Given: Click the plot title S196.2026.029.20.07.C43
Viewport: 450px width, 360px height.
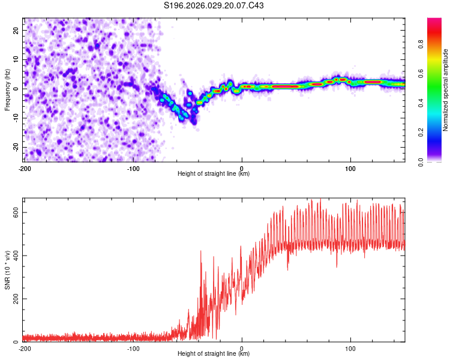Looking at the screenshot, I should tap(214, 6).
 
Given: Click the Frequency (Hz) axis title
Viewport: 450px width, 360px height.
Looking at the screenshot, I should tap(7, 90).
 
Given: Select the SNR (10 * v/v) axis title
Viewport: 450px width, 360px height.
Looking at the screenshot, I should tap(7, 270).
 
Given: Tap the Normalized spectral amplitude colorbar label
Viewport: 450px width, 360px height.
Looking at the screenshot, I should tap(446, 90).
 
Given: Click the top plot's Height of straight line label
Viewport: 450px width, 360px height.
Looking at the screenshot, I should tap(214, 174).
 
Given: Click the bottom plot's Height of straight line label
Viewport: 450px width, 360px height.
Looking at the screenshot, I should tap(214, 354).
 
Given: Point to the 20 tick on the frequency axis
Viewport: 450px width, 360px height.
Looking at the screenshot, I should tap(16, 29).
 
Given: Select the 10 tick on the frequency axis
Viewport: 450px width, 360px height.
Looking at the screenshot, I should tap(16, 59).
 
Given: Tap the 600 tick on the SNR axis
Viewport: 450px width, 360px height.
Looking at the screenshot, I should tap(14, 212).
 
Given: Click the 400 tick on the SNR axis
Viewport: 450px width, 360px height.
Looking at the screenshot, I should tap(14, 256).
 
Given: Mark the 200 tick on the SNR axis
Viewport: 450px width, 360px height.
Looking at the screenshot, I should tap(14, 299).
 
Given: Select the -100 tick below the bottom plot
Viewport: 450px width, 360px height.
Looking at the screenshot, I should tap(133, 349).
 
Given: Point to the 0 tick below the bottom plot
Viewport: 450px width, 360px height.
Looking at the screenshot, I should tap(242, 349).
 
